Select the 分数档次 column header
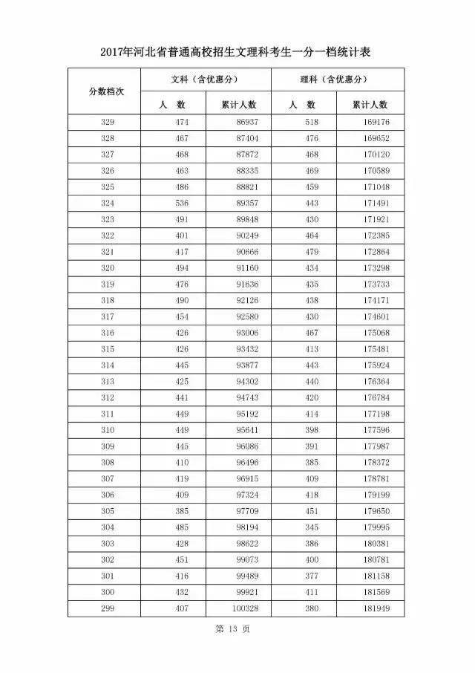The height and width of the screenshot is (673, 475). pyautogui.click(x=106, y=91)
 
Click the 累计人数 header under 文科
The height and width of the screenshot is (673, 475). pyautogui.click(x=239, y=104)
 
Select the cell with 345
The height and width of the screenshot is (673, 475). pyautogui.click(x=311, y=528)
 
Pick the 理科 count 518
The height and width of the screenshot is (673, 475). pyautogui.click(x=311, y=122)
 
